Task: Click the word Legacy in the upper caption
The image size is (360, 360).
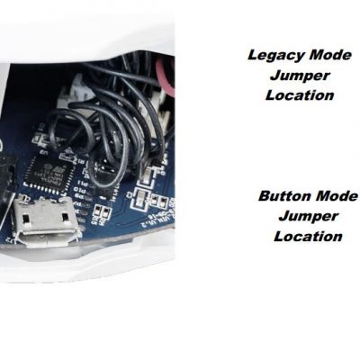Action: [275, 56]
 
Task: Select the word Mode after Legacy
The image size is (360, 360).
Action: [330, 55]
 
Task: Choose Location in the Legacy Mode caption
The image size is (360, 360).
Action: [300, 95]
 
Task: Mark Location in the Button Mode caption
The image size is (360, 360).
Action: [308, 237]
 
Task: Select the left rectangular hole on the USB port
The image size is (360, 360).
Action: [26, 217]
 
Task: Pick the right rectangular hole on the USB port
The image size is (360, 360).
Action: [66, 217]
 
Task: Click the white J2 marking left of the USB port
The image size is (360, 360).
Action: [9, 240]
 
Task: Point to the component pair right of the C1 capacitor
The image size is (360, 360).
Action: [158, 200]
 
